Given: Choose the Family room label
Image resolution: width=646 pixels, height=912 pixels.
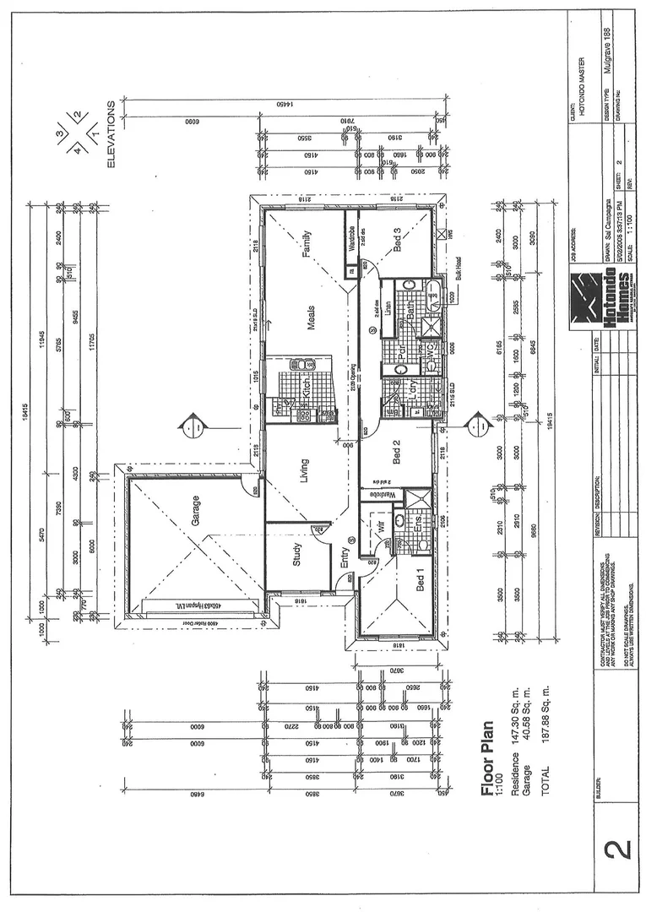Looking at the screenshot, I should [x=307, y=244].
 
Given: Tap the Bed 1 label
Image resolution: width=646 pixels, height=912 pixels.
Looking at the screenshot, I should [x=421, y=581].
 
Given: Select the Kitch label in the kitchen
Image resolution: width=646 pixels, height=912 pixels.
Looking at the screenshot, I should [x=307, y=389].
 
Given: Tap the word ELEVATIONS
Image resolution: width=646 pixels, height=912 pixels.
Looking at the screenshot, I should [x=111, y=134].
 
